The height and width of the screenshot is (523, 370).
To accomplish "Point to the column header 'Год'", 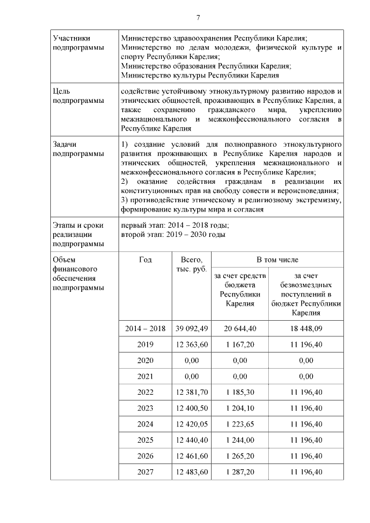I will click(x=145, y=260).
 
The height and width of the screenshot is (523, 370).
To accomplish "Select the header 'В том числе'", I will click(x=277, y=260).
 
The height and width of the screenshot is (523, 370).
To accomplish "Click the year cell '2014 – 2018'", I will click(x=145, y=328).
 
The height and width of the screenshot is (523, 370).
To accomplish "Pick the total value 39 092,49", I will click(x=191, y=328).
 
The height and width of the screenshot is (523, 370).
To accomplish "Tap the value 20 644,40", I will click(x=239, y=328).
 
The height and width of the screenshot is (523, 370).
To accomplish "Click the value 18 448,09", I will click(x=306, y=328).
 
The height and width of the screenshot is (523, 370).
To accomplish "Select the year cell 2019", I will click(x=145, y=344).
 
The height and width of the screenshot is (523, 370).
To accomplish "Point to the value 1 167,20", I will click(x=239, y=344).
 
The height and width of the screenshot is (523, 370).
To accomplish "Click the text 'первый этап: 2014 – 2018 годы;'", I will click(x=175, y=225).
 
